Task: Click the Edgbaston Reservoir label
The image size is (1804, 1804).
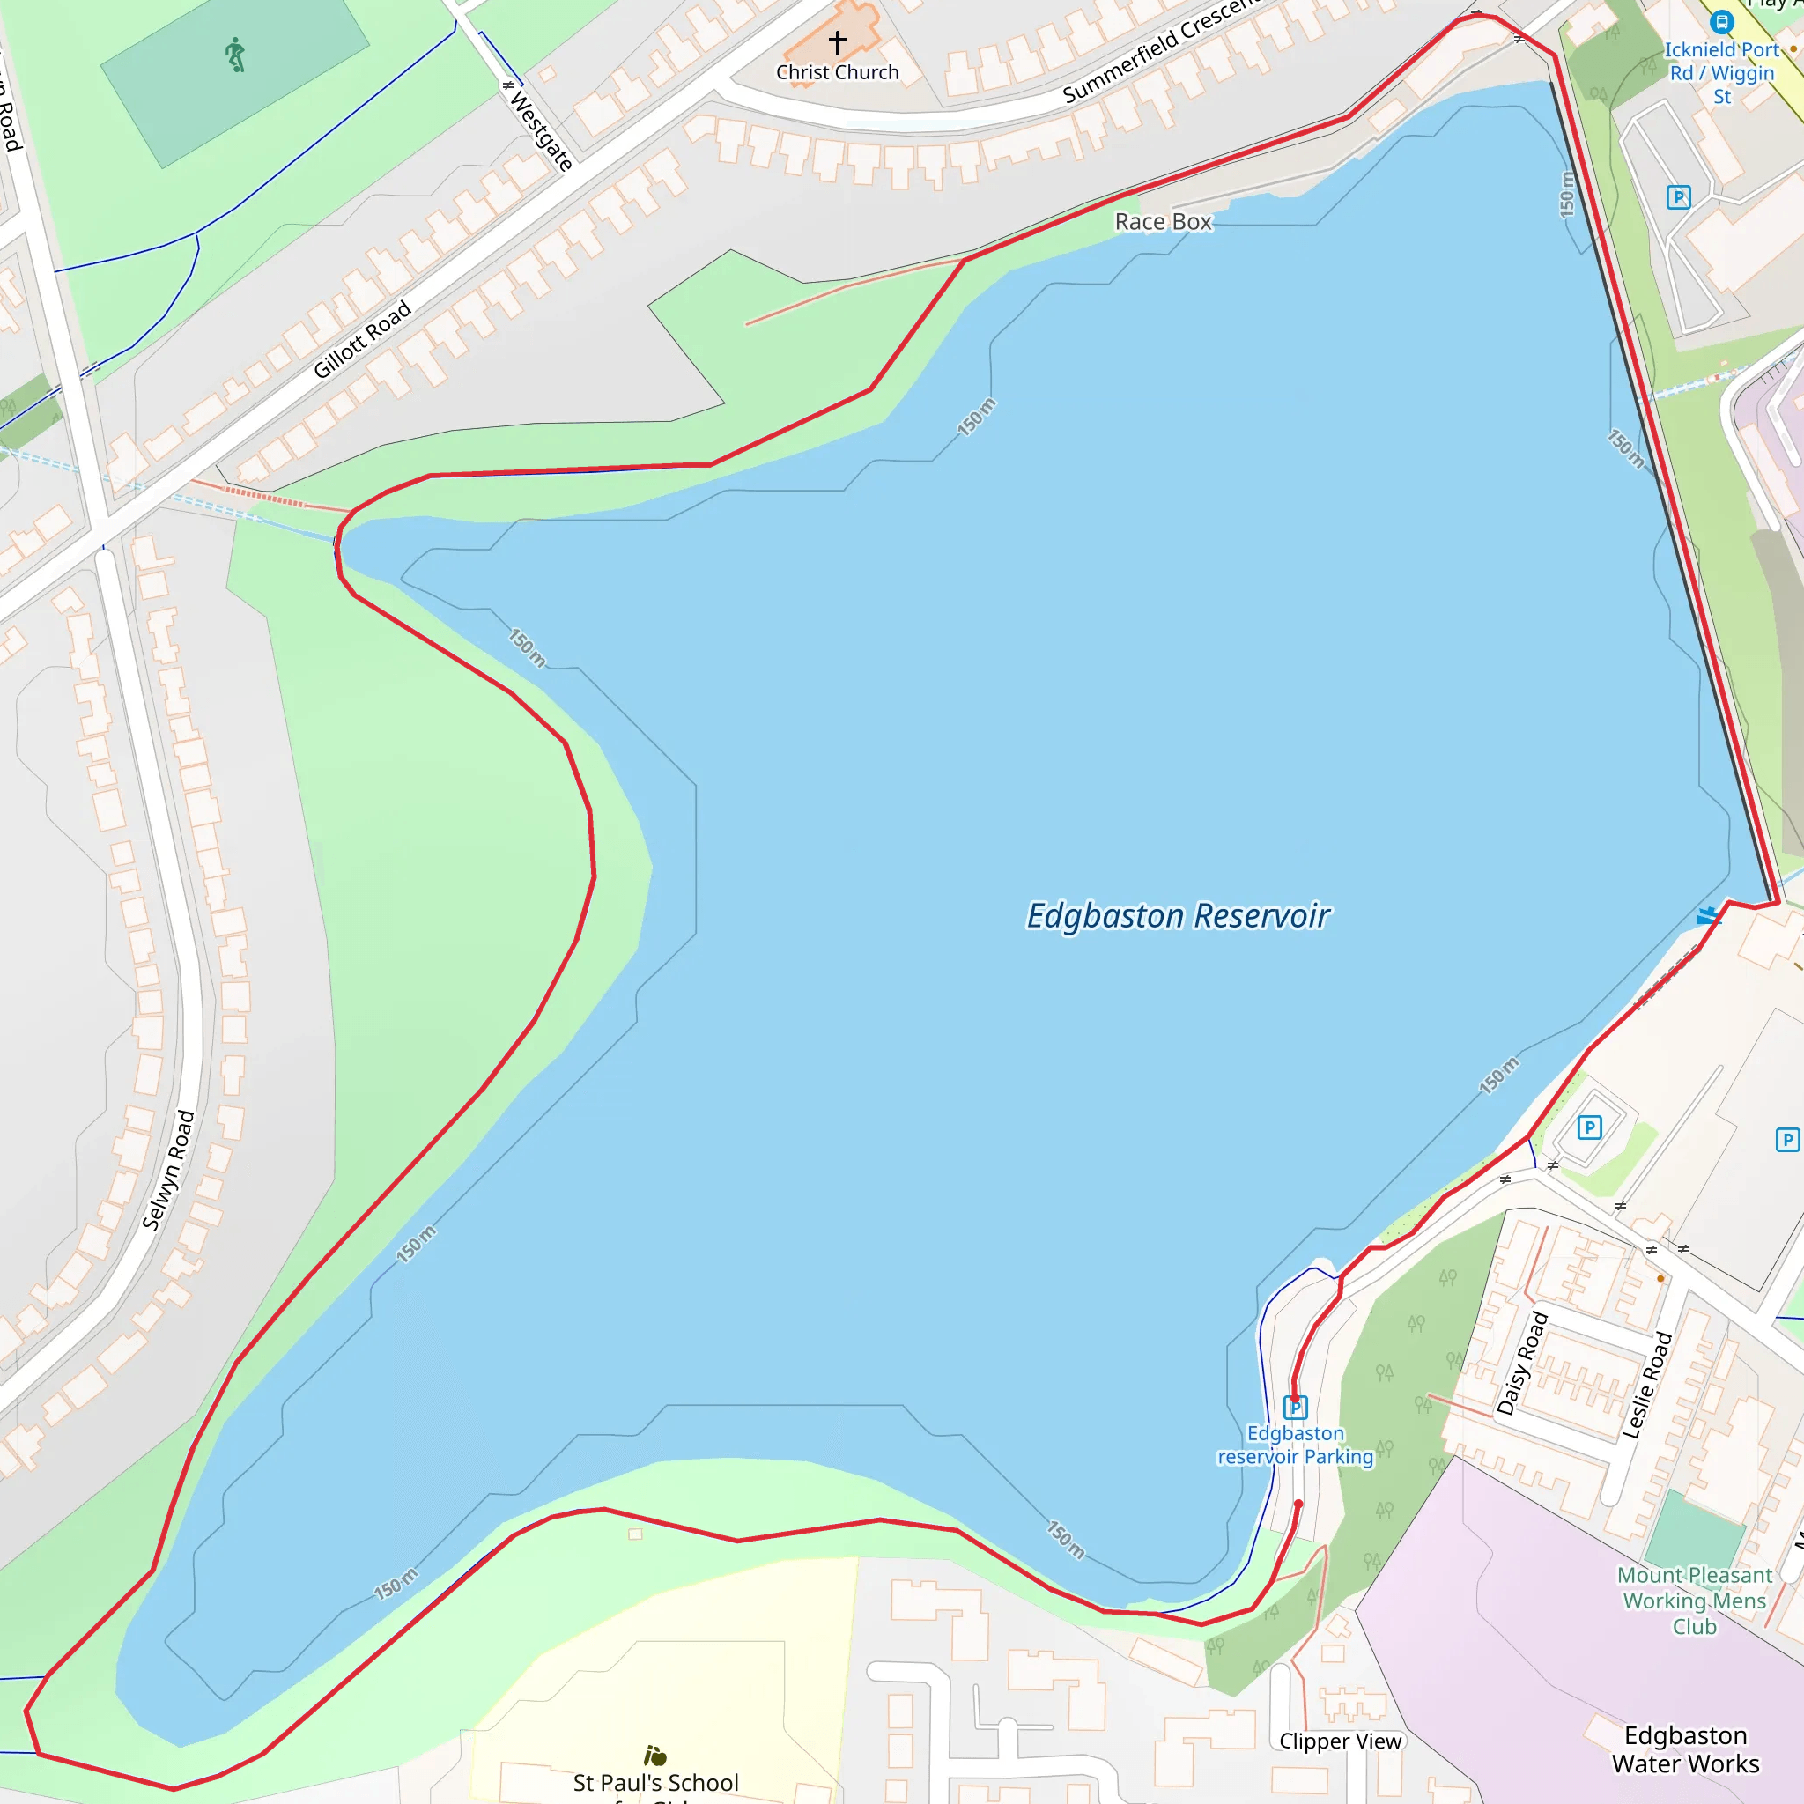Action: point(1178,916)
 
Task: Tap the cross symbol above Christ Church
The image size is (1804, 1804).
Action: point(838,42)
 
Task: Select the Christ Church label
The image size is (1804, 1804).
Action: point(838,73)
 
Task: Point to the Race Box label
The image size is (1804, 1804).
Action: point(1163,221)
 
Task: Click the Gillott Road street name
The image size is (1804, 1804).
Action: point(361,339)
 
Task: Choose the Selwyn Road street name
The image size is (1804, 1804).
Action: point(169,1170)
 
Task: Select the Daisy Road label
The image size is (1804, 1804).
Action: point(1523,1364)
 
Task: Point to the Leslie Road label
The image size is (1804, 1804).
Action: point(1647,1385)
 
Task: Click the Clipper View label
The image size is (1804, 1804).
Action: point(1340,1741)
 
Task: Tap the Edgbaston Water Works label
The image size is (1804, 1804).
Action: point(1685,1749)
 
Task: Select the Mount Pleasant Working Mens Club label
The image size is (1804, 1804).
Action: point(1694,1601)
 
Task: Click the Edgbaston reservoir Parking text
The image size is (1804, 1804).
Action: point(1295,1445)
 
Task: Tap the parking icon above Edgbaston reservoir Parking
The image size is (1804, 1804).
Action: point(1295,1407)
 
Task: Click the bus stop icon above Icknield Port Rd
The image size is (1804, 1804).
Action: point(1722,21)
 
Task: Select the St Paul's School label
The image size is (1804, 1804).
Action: point(655,1783)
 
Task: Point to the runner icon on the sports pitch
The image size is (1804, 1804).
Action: point(235,55)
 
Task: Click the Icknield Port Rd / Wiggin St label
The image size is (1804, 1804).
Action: point(1722,73)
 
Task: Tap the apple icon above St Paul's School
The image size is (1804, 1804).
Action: point(655,1756)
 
